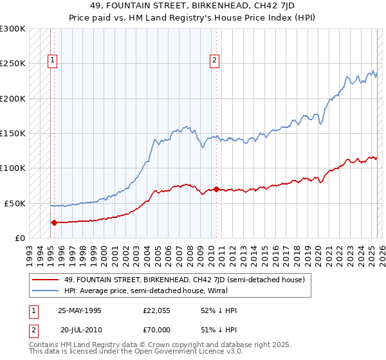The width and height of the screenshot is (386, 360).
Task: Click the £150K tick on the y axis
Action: [x=13, y=134]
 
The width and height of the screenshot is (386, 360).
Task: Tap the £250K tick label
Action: [x=13, y=64]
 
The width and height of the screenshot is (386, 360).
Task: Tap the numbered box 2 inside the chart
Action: [x=214, y=61]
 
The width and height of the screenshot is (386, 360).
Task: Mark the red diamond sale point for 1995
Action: [x=54, y=223]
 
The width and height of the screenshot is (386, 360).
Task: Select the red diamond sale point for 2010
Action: [x=216, y=190]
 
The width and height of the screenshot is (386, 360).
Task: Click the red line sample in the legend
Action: [x=46, y=279]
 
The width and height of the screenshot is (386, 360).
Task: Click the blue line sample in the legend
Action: [x=46, y=290]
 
